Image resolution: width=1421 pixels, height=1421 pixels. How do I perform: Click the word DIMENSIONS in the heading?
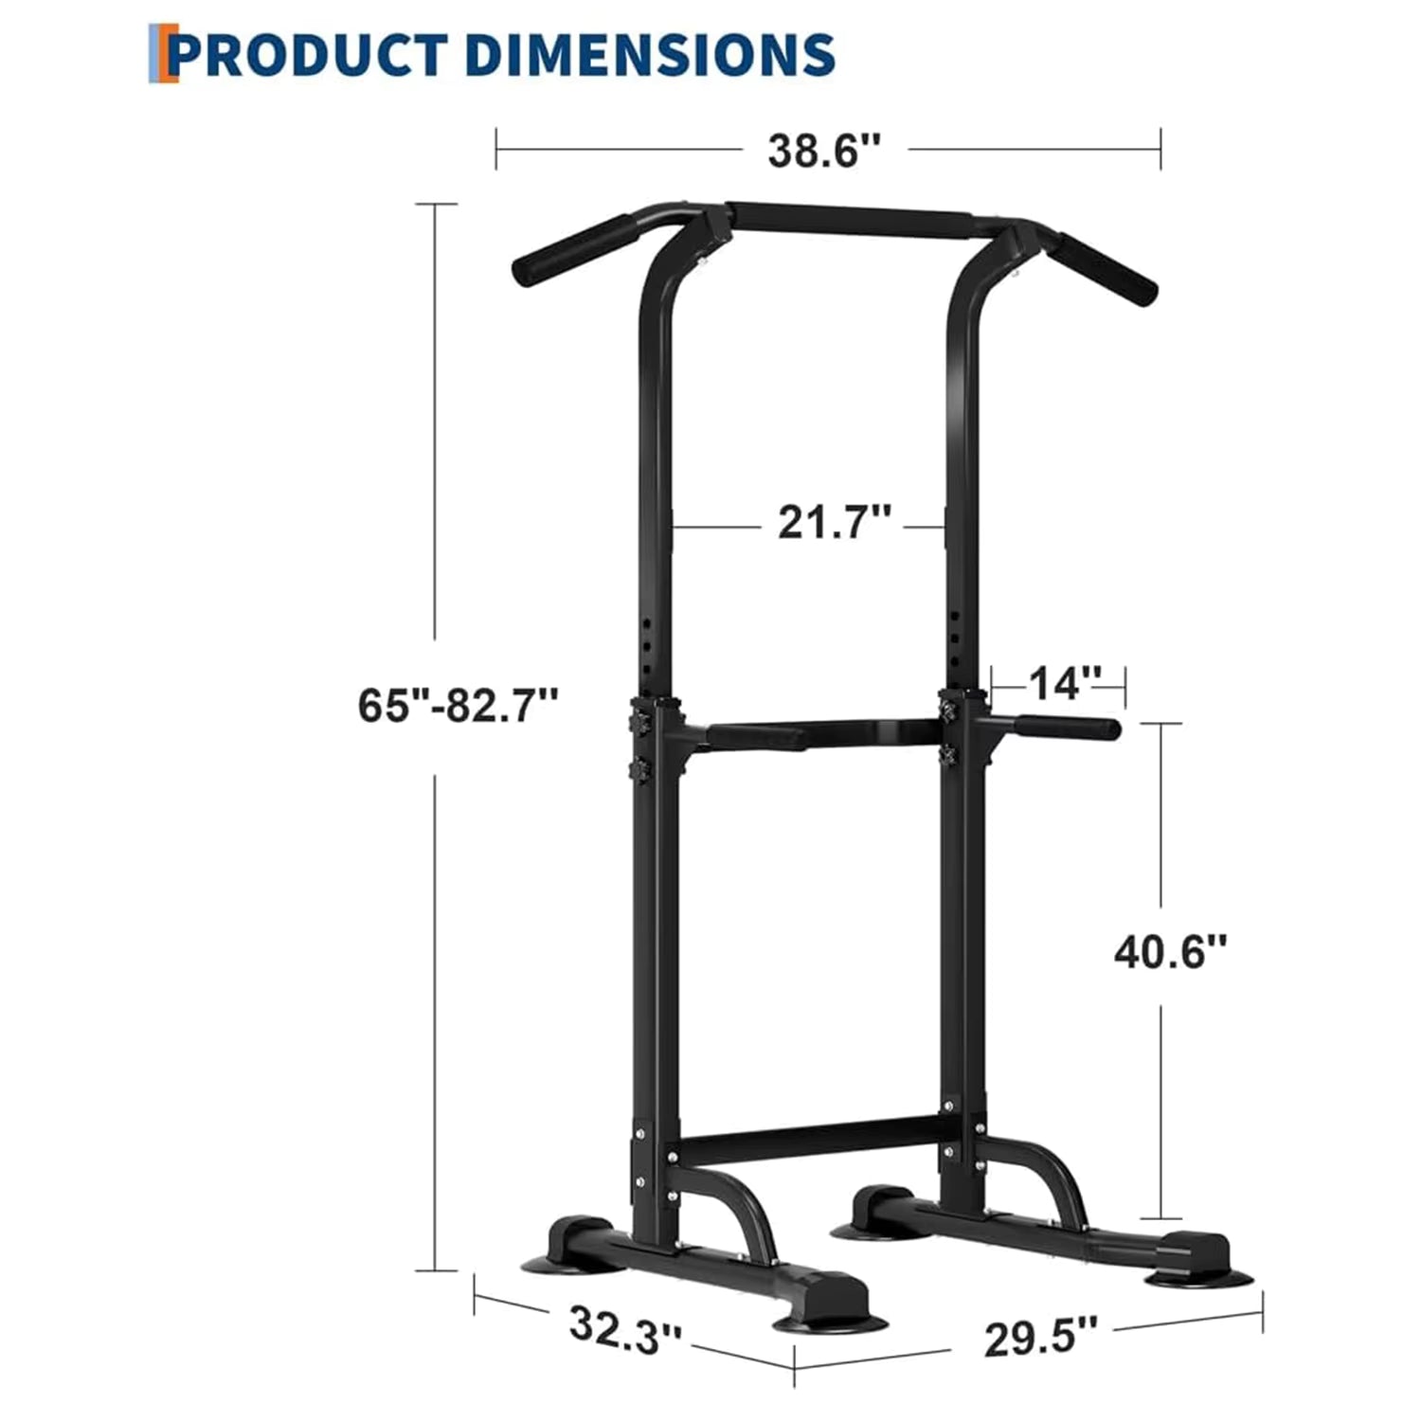[x=650, y=55]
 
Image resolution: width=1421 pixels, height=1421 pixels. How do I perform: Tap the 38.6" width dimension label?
[x=824, y=150]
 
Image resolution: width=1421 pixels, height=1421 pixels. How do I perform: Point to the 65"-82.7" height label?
[x=458, y=706]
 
